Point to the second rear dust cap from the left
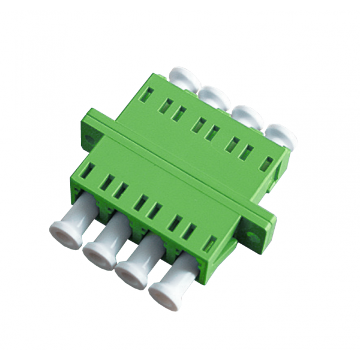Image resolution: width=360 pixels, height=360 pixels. pyautogui.click(x=212, y=96)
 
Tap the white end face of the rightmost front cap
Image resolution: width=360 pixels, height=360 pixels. pyautogui.click(x=162, y=300)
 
